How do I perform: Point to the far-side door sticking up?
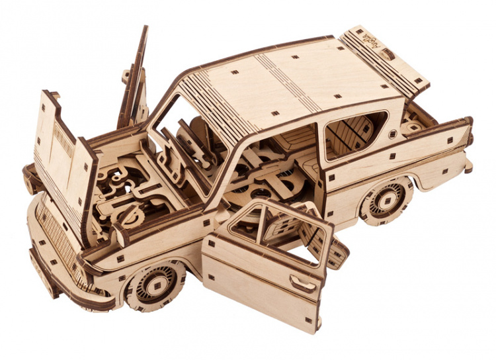click(x=135, y=79)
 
